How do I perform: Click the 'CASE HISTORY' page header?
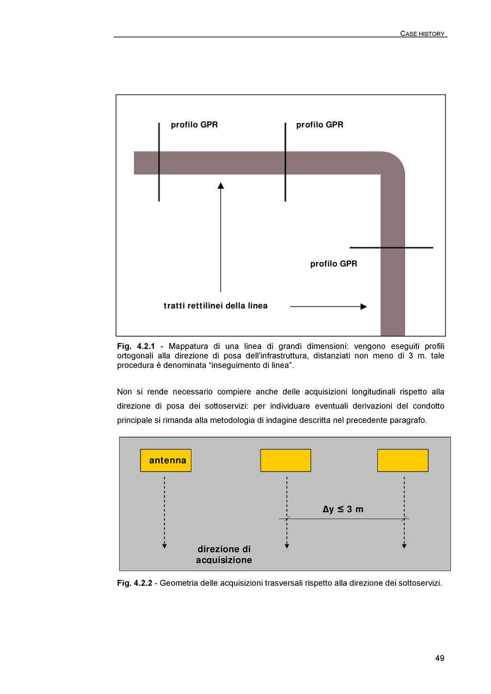pyautogui.click(x=422, y=34)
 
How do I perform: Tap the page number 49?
pyautogui.click(x=440, y=658)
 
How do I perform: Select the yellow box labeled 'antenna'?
pyautogui.click(x=165, y=460)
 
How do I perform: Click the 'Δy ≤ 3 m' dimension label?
pyautogui.click(x=343, y=509)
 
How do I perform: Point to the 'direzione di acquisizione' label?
pyautogui.click(x=224, y=554)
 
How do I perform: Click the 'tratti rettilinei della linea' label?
pyautogui.click(x=216, y=306)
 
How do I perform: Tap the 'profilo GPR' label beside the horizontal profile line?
pyautogui.click(x=334, y=263)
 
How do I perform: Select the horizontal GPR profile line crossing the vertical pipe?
pyautogui.click(x=391, y=248)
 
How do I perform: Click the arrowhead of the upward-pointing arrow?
pyautogui.click(x=221, y=185)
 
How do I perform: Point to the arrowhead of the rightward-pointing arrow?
pyautogui.click(x=364, y=307)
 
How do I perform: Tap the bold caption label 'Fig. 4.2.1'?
pyautogui.click(x=136, y=346)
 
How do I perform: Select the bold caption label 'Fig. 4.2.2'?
pyautogui.click(x=135, y=583)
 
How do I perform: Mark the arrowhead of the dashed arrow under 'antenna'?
pyautogui.click(x=164, y=546)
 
